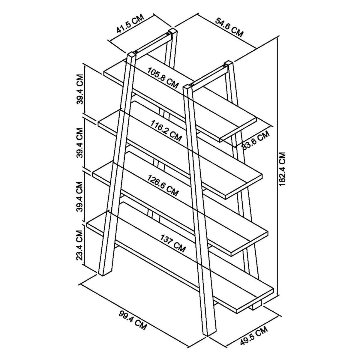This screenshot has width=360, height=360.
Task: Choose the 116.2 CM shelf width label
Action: tap(166, 131)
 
